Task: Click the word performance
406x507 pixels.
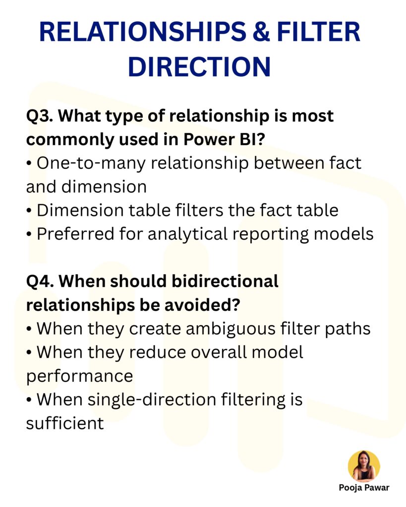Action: (x=79, y=375)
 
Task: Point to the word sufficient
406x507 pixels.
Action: (x=64, y=423)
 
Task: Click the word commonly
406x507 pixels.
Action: (x=68, y=140)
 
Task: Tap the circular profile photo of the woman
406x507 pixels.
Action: (x=364, y=466)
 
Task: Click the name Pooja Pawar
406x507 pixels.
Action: (x=364, y=488)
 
